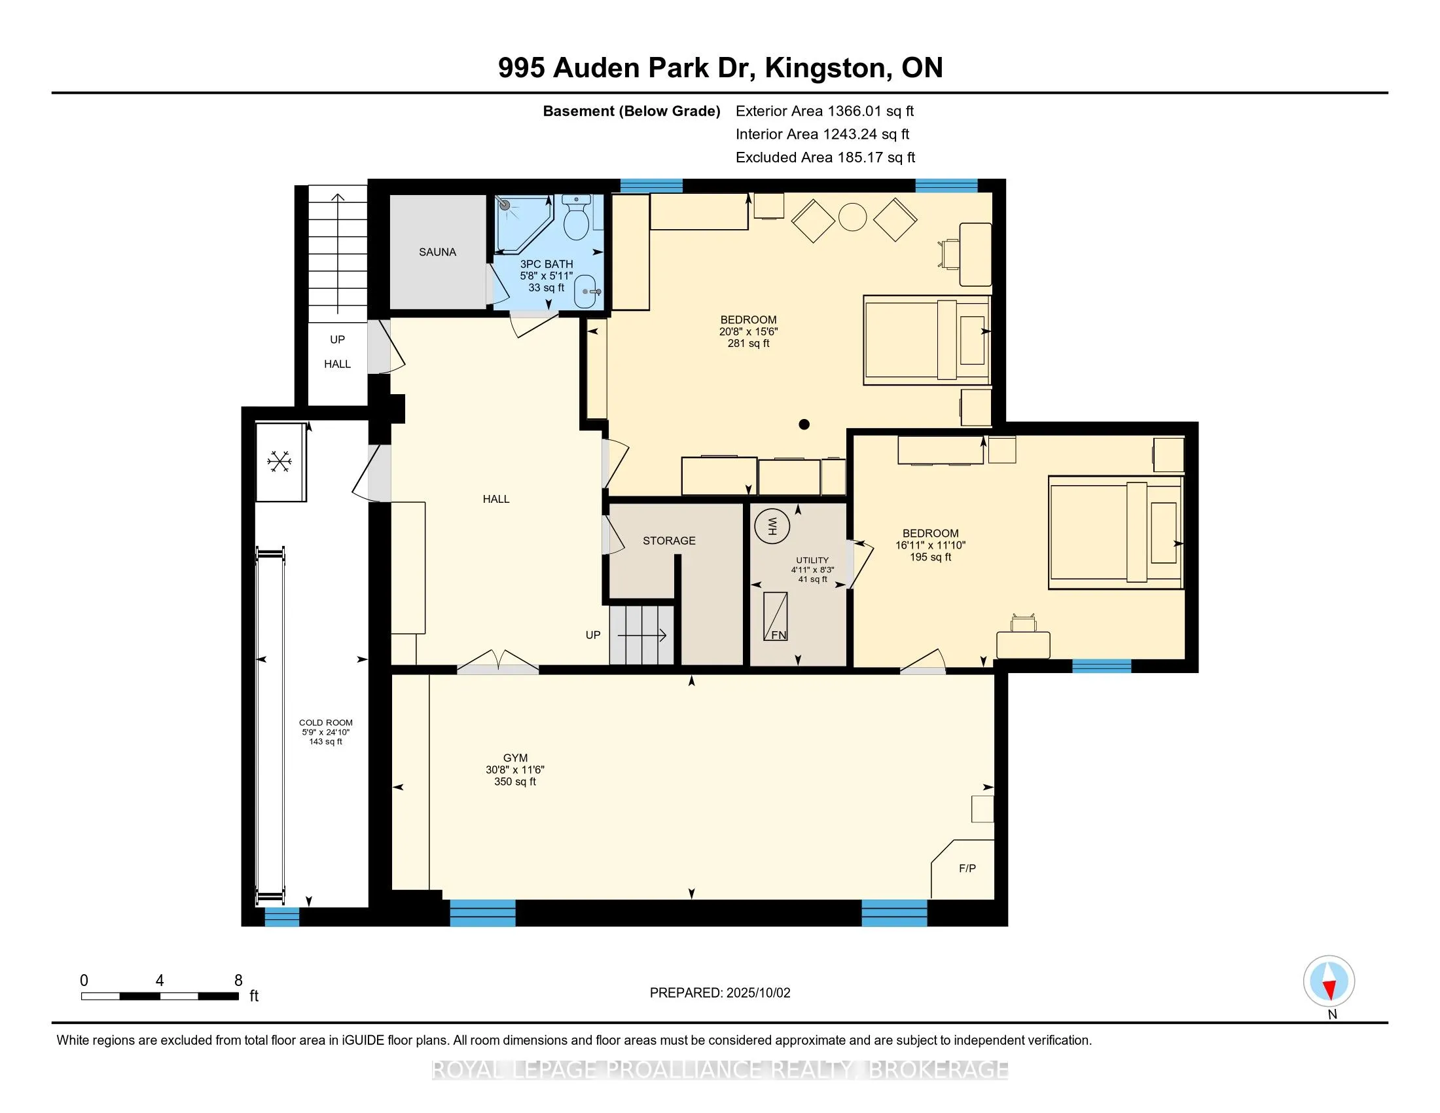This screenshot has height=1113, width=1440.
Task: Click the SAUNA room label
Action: pyautogui.click(x=437, y=252)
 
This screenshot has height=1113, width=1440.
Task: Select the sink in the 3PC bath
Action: pyautogui.click(x=586, y=291)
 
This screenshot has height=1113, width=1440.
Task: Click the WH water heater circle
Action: pyautogui.click(x=772, y=526)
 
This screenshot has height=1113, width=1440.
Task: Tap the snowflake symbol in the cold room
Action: pyautogui.click(x=279, y=462)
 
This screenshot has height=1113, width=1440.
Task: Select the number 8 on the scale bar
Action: pyautogui.click(x=238, y=981)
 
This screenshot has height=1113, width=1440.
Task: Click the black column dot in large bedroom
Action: pyautogui.click(x=804, y=425)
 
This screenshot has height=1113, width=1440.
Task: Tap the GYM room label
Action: pyautogui.click(x=515, y=758)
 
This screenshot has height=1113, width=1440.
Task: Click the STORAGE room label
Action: pyautogui.click(x=668, y=541)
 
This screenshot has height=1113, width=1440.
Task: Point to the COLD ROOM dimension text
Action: pyautogui.click(x=326, y=732)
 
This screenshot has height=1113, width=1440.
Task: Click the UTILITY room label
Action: pyautogui.click(x=812, y=560)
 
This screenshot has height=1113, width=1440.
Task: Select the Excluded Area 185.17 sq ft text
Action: pyautogui.click(x=825, y=158)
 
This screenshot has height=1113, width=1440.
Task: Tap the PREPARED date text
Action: pyautogui.click(x=719, y=993)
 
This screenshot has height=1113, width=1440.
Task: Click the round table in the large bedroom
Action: pyautogui.click(x=852, y=217)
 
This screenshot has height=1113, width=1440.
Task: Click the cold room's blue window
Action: pyautogui.click(x=282, y=917)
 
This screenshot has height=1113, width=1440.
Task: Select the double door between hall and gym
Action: pyautogui.click(x=499, y=663)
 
